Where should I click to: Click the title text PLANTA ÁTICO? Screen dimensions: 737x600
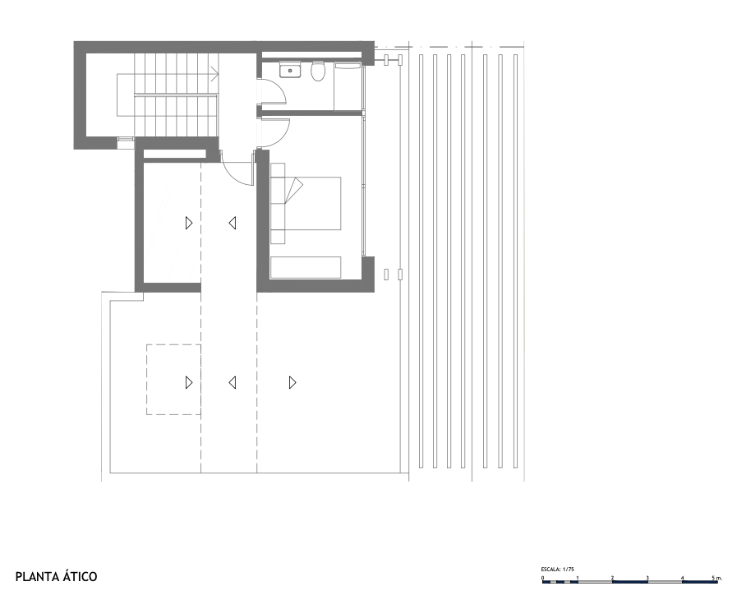point(57,577)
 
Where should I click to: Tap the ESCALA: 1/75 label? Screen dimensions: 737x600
point(557,569)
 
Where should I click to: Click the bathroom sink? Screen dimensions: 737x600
point(290,71)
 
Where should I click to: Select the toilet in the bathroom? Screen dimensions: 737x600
point(318,71)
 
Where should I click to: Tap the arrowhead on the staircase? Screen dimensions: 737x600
point(215,74)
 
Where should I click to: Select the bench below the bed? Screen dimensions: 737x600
point(306,268)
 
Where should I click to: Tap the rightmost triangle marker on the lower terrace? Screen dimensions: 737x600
point(292,383)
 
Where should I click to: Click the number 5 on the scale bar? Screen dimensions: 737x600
point(713,578)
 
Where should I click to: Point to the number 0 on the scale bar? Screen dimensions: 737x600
point(542,578)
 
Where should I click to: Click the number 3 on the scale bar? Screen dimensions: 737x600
point(647,578)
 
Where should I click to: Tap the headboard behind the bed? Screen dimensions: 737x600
point(278,204)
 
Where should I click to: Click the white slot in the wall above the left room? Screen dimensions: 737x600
point(175,154)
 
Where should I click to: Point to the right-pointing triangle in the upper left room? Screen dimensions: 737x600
point(188,223)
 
